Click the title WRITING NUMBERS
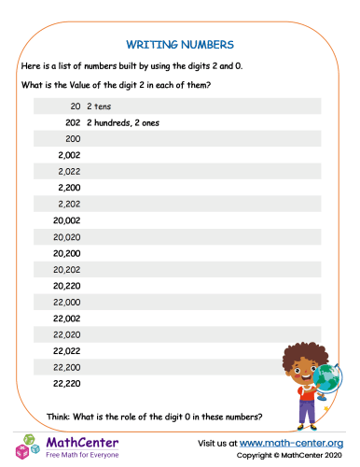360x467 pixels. (x=179, y=43)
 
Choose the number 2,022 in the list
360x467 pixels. (x=68, y=172)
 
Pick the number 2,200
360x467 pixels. (x=68, y=188)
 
